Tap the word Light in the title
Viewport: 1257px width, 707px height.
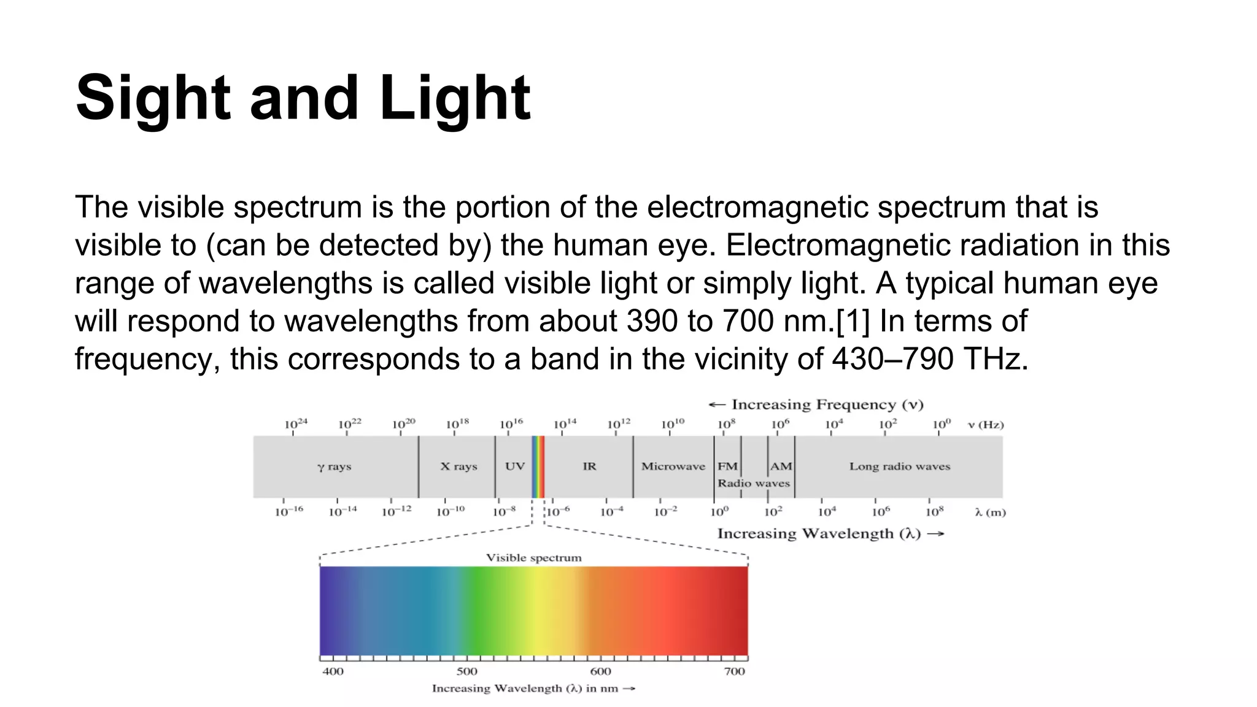coord(455,98)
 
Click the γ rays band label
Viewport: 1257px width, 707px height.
coord(335,467)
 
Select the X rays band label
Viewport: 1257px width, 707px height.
coord(458,466)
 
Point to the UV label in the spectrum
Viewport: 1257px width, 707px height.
coord(515,466)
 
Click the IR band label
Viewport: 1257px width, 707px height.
coord(589,466)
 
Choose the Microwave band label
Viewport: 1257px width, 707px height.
coord(673,466)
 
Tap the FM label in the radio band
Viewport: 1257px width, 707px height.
coord(727,466)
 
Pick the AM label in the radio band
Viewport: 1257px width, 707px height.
coord(781,466)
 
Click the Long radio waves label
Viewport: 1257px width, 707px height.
coord(899,466)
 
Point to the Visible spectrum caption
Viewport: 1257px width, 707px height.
coord(533,558)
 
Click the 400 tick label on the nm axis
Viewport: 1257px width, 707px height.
coord(333,671)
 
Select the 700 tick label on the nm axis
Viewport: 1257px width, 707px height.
coord(734,671)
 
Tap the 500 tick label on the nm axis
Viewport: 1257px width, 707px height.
coord(467,671)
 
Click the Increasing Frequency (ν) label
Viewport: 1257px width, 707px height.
coord(827,404)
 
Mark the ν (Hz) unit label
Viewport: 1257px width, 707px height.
coord(986,425)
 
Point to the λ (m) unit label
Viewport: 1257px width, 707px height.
coord(990,512)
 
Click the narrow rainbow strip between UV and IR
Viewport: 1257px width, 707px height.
coord(538,466)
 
